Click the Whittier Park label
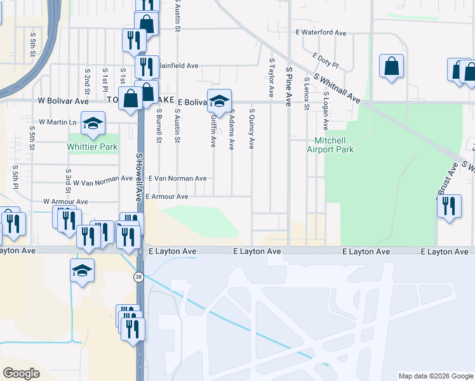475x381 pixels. pos(92,147)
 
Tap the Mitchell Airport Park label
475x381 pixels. pos(330,145)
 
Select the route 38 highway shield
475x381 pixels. pos(138,277)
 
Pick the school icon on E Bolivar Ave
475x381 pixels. pos(219,101)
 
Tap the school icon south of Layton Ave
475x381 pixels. pos(82,271)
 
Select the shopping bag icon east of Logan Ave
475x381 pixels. pos(392,67)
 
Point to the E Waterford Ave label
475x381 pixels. pos(321,32)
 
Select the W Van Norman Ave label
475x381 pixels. pos(102,182)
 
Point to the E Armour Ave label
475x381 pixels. pos(167,197)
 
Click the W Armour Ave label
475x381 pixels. pos(65,201)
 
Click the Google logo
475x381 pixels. pos(21,373)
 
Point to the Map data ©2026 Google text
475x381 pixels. pos(435,376)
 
